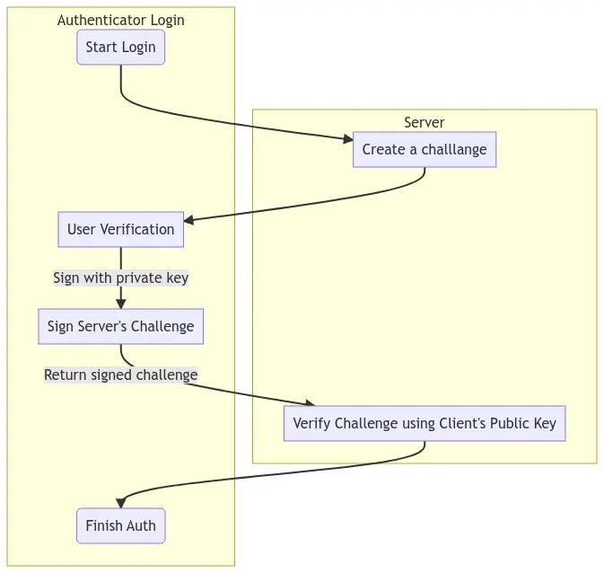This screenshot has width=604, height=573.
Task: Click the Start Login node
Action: [120, 47]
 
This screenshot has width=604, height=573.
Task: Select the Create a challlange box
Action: [425, 149]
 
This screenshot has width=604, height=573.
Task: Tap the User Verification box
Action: [120, 229]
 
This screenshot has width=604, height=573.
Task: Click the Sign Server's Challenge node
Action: [120, 326]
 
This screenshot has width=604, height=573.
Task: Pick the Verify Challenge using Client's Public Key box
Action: [425, 423]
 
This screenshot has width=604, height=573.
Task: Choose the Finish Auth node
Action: [120, 525]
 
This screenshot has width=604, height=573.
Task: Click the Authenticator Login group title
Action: [120, 20]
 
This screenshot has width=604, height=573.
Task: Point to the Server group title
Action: [424, 122]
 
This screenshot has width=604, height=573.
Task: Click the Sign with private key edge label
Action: [120, 278]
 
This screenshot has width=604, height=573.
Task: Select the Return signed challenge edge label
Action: [120, 375]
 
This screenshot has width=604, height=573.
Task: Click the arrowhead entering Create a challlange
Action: [348, 138]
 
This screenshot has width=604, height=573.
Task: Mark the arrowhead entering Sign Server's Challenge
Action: [120, 304]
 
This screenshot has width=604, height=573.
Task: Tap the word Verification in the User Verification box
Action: [137, 229]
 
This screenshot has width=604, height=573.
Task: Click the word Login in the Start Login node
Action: [137, 47]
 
